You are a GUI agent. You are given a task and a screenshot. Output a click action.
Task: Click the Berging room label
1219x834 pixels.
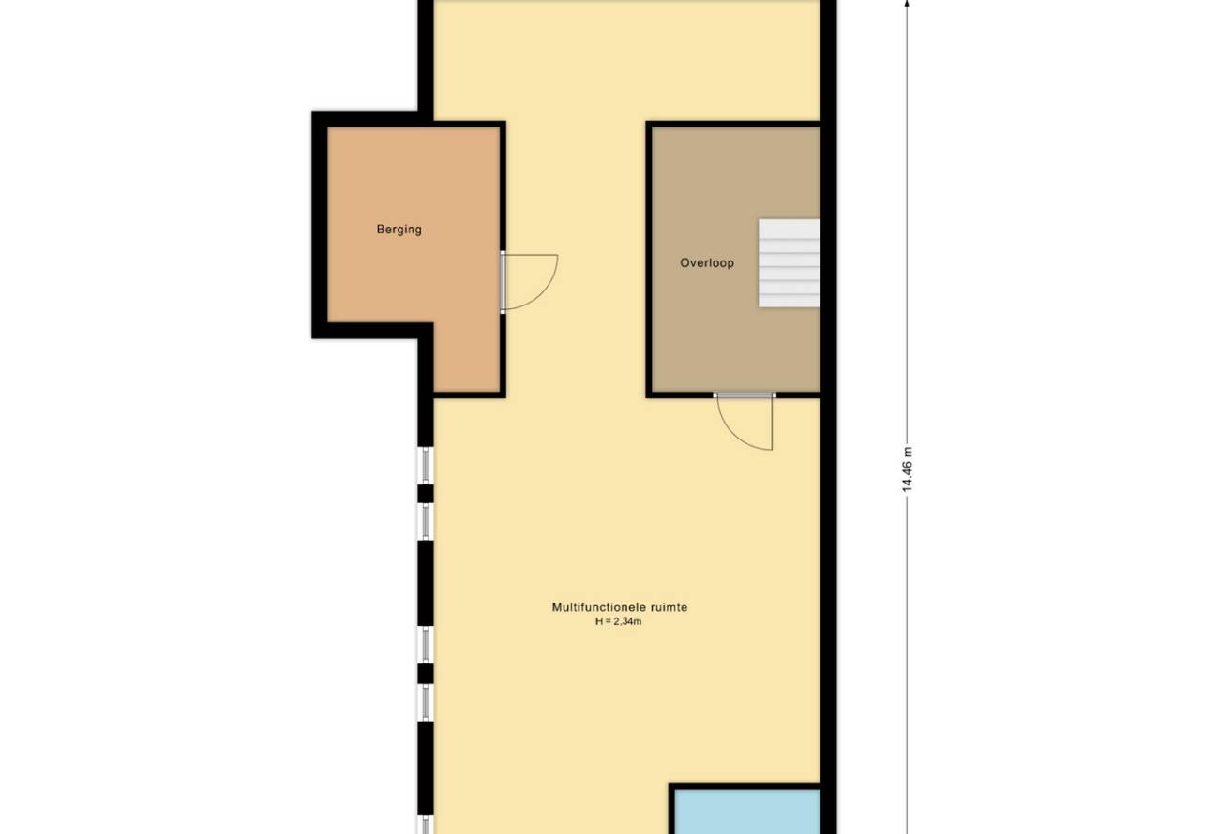pyautogui.click(x=399, y=230)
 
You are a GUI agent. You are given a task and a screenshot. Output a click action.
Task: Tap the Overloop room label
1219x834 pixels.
pyautogui.click(x=707, y=263)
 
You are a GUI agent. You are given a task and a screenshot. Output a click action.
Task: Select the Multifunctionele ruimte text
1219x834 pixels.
pyautogui.click(x=619, y=607)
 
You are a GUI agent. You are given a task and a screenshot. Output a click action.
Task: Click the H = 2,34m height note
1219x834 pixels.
pyautogui.click(x=618, y=621)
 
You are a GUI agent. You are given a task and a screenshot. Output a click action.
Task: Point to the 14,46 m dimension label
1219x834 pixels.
pyautogui.click(x=907, y=469)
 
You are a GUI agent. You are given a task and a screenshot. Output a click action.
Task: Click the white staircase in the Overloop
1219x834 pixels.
pyautogui.click(x=790, y=263)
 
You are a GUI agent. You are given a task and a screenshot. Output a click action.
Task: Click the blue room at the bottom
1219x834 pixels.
pyautogui.click(x=747, y=812)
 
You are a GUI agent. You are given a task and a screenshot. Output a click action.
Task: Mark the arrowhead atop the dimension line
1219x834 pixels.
pyautogui.click(x=907, y=4)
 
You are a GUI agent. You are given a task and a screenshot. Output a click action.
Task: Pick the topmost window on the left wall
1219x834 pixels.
pyautogui.click(x=426, y=466)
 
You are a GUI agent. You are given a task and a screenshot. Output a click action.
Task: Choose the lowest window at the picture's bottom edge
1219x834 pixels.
pyautogui.click(x=426, y=825)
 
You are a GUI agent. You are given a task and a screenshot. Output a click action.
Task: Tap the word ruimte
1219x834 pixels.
pyautogui.click(x=670, y=607)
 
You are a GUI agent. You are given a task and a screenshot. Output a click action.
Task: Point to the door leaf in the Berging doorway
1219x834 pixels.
pyautogui.click(x=503, y=282)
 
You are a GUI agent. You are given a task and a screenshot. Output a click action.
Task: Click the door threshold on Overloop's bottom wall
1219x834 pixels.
pyautogui.click(x=745, y=395)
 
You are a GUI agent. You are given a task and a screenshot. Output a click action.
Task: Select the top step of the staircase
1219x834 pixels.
pyautogui.click(x=790, y=229)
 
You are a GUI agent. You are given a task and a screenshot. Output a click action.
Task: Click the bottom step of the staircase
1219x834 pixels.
pyautogui.click(x=790, y=301)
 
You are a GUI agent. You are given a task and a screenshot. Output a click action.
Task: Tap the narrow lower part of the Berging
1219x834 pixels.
pyautogui.click(x=467, y=357)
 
